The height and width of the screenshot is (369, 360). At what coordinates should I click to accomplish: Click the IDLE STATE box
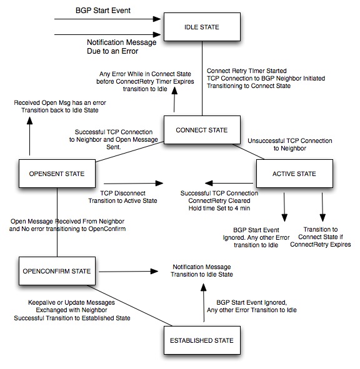202,27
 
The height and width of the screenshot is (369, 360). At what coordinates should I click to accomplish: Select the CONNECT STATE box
202,130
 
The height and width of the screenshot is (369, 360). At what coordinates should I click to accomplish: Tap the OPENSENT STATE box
57,174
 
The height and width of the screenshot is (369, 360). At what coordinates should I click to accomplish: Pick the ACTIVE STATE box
294,174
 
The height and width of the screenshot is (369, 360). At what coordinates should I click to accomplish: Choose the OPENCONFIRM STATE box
57,271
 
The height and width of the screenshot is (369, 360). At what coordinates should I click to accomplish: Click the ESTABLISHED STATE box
202,340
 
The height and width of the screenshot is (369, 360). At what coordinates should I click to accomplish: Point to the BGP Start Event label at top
103,11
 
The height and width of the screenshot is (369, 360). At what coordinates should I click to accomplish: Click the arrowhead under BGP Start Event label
157,19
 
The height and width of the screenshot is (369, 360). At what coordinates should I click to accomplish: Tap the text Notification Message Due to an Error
122,47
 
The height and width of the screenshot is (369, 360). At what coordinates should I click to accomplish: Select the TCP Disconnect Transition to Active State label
122,197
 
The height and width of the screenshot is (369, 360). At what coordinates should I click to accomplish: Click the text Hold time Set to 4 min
219,208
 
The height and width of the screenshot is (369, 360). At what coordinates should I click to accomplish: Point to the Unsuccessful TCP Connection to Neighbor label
290,144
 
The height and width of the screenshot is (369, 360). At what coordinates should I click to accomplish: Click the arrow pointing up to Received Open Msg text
29,136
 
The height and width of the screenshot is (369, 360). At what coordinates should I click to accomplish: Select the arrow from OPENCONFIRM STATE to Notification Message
128,272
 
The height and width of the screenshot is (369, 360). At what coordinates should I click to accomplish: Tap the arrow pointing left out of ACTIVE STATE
229,183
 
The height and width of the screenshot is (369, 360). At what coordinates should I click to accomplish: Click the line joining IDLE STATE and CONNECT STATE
202,78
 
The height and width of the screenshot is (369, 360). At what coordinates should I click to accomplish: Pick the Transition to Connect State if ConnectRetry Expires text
321,237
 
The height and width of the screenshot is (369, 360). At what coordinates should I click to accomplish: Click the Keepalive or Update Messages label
71,302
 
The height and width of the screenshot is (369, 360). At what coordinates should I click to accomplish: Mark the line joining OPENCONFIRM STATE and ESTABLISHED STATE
130,305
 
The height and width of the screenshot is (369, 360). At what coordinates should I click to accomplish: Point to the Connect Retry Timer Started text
247,71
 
